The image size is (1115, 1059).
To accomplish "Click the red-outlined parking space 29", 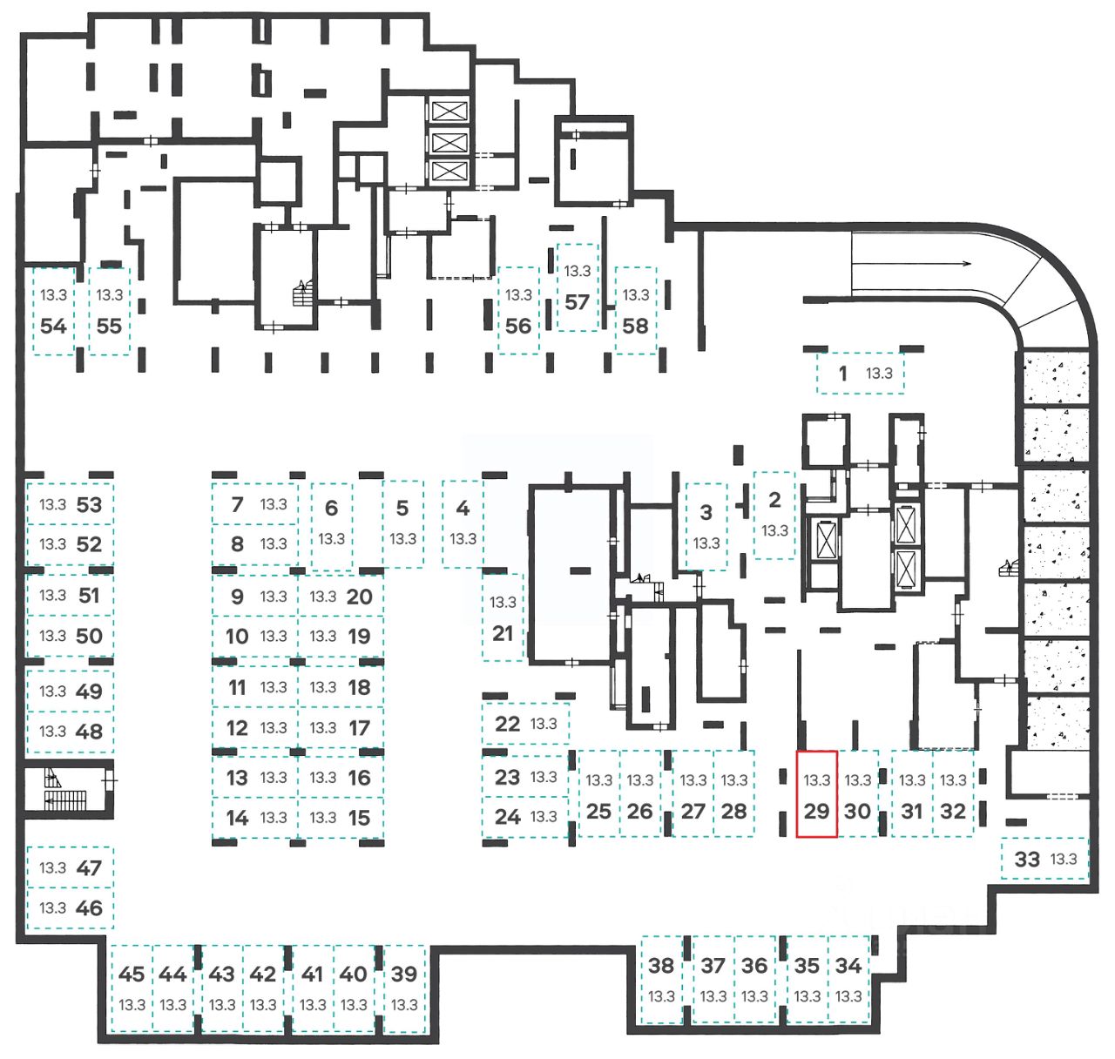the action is click(817, 793).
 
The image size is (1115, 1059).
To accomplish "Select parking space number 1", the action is click(861, 373).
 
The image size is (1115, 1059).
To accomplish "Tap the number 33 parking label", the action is click(1026, 859).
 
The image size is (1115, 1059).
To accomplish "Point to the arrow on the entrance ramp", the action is click(911, 263).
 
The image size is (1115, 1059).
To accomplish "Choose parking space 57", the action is click(578, 287).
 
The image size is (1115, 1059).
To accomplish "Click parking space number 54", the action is click(54, 312).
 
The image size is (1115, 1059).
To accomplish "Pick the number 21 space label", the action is click(503, 633).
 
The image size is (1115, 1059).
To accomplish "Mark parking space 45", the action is click(132, 988).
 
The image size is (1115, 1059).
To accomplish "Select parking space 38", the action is click(661, 980).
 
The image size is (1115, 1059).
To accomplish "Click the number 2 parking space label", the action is click(774, 500).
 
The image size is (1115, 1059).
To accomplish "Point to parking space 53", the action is click(71, 503).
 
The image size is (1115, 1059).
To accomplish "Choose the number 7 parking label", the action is click(237, 503).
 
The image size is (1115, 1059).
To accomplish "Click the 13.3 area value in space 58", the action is click(635, 295).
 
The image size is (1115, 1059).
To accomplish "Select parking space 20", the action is click(341, 596).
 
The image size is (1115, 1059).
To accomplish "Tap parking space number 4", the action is click(463, 523).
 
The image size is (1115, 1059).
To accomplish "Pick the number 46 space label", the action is click(89, 907).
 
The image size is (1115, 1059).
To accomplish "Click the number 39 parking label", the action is click(404, 974).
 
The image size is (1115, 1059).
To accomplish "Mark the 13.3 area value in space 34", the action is click(848, 996).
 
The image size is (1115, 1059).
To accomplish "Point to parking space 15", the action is click(341, 818).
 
